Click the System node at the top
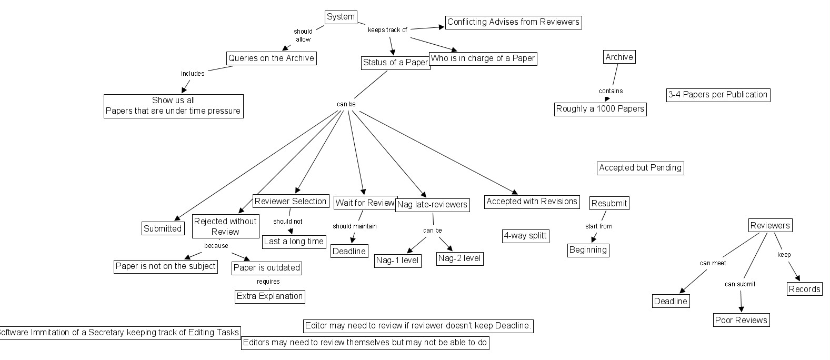pos(341,17)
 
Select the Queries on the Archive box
pos(271,58)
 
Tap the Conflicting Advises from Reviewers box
pos(513,22)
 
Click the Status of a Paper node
pos(395,63)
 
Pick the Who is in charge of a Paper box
pos(483,58)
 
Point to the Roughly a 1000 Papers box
pos(600,109)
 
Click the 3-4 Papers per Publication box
pos(718,95)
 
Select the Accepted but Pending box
pos(640,168)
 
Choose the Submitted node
pos(163,228)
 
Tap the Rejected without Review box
pos(225,226)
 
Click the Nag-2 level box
pos(459,258)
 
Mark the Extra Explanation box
pos(269,296)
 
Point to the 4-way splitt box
pos(525,236)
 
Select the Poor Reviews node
pos(741,320)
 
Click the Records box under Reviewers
pos(804,289)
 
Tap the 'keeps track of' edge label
pos(387,30)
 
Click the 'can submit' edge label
pos(739,284)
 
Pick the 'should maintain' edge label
pos(354,226)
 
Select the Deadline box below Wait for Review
pos(349,251)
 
